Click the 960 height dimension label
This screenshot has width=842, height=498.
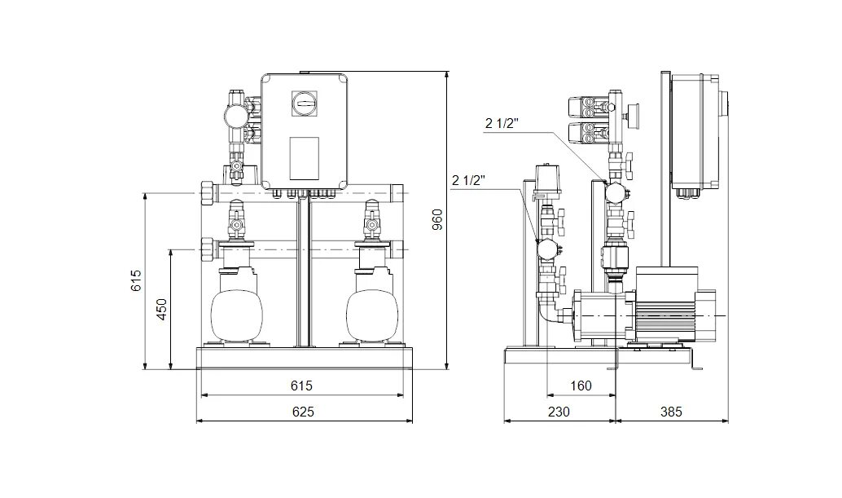click(437, 220)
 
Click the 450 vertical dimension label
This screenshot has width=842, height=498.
click(161, 308)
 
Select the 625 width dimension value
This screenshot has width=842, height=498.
click(303, 412)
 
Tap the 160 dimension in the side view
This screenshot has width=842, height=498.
click(581, 386)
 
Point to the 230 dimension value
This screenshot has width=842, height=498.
click(559, 412)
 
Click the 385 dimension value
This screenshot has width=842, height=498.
click(671, 412)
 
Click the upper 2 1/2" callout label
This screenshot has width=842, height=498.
click(502, 123)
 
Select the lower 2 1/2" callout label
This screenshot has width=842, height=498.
click(469, 180)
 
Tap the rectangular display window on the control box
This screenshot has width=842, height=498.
click(304, 158)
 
